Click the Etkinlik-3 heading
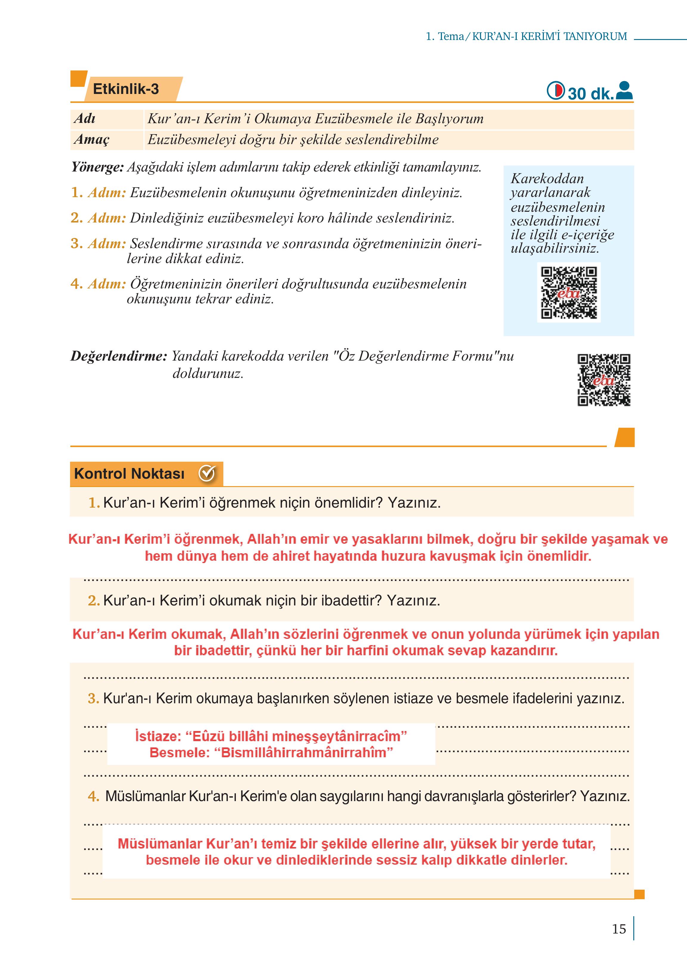[126, 89]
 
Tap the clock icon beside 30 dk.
[556, 91]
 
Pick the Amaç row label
[91, 140]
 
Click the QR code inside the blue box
[569, 292]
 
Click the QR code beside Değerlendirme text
[604, 380]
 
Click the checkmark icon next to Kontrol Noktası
[207, 474]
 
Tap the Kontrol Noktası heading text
[129, 474]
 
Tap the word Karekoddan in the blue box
[547, 179]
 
